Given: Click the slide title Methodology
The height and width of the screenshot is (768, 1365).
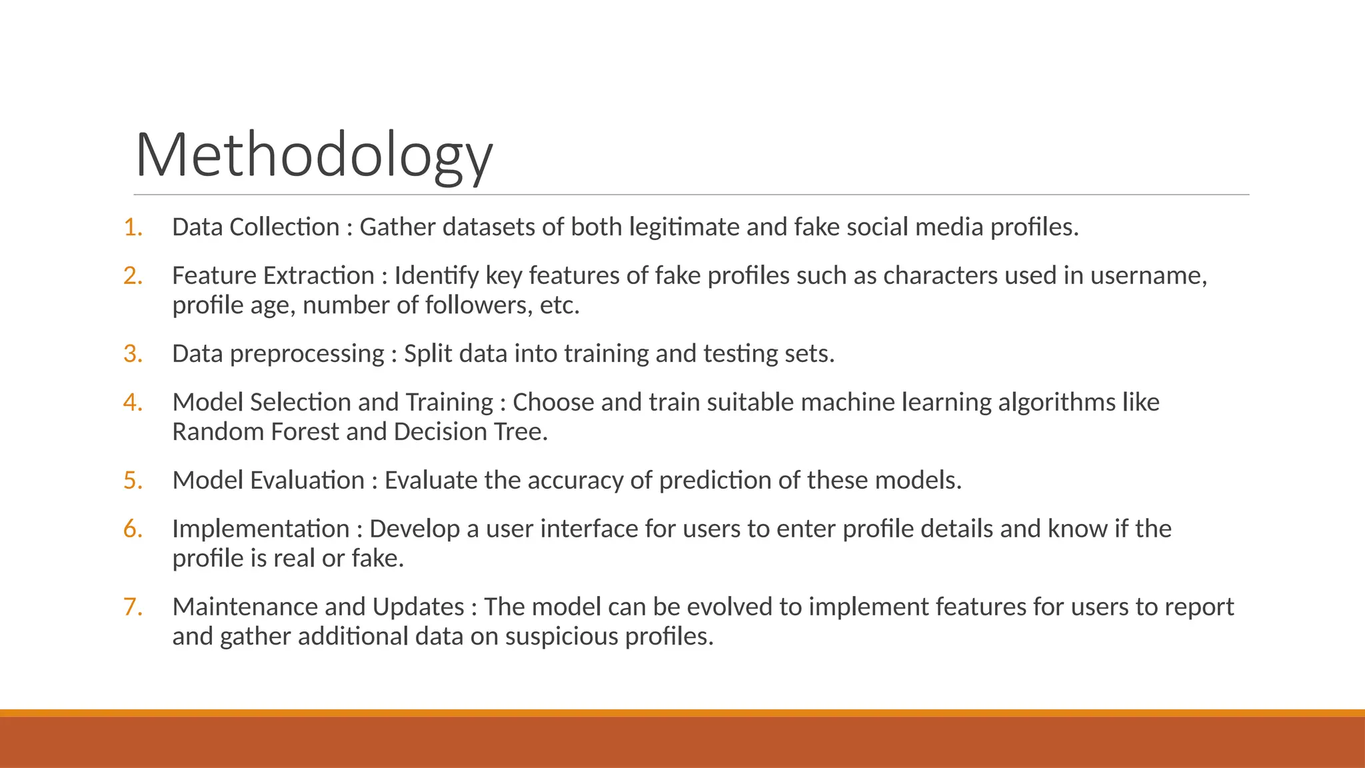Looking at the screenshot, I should [x=314, y=156].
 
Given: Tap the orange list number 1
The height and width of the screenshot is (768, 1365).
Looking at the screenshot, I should [x=133, y=227].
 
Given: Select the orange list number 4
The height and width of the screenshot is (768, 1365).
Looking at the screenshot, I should [x=133, y=403].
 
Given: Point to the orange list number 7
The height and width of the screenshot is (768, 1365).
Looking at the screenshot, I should [x=133, y=607].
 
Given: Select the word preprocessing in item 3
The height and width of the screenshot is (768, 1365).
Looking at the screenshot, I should [x=307, y=355].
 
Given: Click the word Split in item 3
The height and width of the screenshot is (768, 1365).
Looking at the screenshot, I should [x=427, y=354].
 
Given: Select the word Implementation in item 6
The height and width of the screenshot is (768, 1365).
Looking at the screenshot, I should [x=261, y=529].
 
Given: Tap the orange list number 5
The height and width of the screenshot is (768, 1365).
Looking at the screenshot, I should [x=133, y=481].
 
